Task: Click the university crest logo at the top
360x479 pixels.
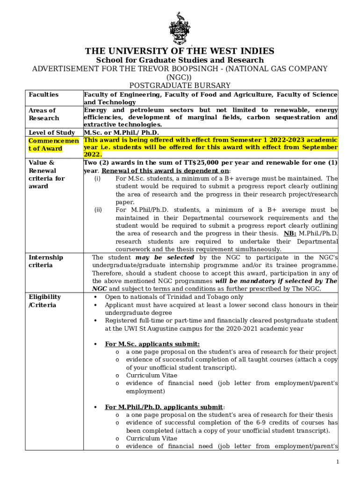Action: click(180, 28)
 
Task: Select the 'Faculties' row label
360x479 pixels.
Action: click(43, 94)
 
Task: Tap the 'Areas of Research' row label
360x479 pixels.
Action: click(43, 114)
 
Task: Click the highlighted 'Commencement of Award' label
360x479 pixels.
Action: click(52, 145)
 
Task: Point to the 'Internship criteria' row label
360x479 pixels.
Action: click(46, 261)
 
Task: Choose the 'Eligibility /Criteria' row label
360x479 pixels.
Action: click(45, 301)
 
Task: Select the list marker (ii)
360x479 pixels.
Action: click(98, 210)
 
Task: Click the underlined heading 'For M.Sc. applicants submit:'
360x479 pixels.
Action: click(152, 344)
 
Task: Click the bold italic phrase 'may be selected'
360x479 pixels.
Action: click(165, 257)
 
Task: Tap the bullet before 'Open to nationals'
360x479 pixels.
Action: click(96, 297)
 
